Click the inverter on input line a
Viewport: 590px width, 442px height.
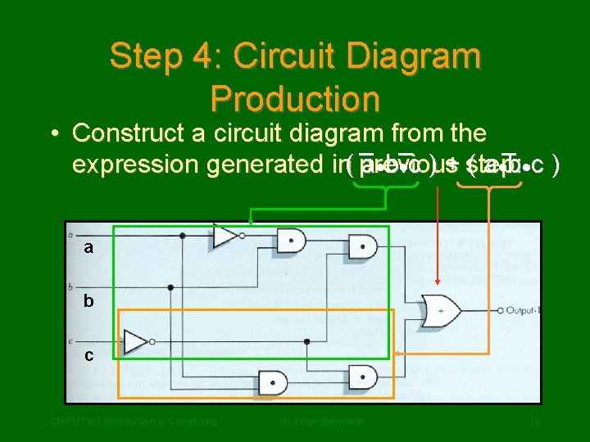(225, 237)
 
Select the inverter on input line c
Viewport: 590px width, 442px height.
(136, 341)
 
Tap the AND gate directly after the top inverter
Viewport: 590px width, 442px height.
(291, 241)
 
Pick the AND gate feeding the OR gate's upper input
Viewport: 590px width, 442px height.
(361, 245)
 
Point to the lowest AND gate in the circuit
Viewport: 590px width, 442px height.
(273, 381)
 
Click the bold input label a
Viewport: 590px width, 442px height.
(88, 246)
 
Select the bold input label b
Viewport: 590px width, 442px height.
(88, 301)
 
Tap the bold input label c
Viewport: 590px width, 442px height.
(88, 355)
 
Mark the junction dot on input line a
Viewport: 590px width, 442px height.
(182, 236)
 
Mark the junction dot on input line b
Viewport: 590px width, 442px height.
(170, 288)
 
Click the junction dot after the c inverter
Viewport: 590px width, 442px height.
(306, 341)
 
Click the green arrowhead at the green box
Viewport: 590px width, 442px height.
(251, 222)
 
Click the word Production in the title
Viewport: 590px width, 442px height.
(295, 99)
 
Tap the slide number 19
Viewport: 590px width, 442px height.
(533, 422)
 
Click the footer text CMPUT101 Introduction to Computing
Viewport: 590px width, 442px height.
(133, 422)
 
